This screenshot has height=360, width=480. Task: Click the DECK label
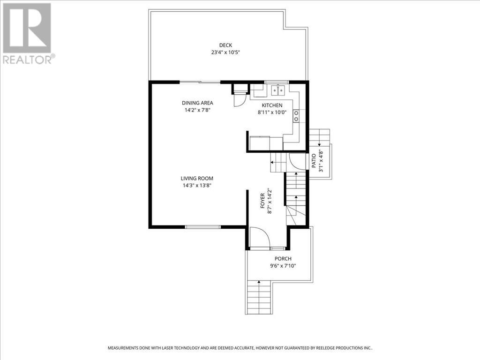click(229, 45)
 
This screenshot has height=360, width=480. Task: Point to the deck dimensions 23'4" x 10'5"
click(229, 52)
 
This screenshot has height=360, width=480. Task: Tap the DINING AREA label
click(197, 103)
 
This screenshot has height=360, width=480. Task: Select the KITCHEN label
click(272, 105)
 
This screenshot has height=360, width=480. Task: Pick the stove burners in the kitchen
click(296, 116)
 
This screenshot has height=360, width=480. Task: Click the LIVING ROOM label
click(197, 178)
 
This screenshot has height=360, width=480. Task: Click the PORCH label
click(283, 259)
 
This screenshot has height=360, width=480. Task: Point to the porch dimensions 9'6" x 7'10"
click(283, 266)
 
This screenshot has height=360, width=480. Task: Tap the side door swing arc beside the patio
click(297, 162)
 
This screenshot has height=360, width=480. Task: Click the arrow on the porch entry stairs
click(258, 283)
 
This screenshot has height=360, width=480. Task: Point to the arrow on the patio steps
click(319, 144)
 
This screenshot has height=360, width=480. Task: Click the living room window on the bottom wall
click(202, 227)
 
